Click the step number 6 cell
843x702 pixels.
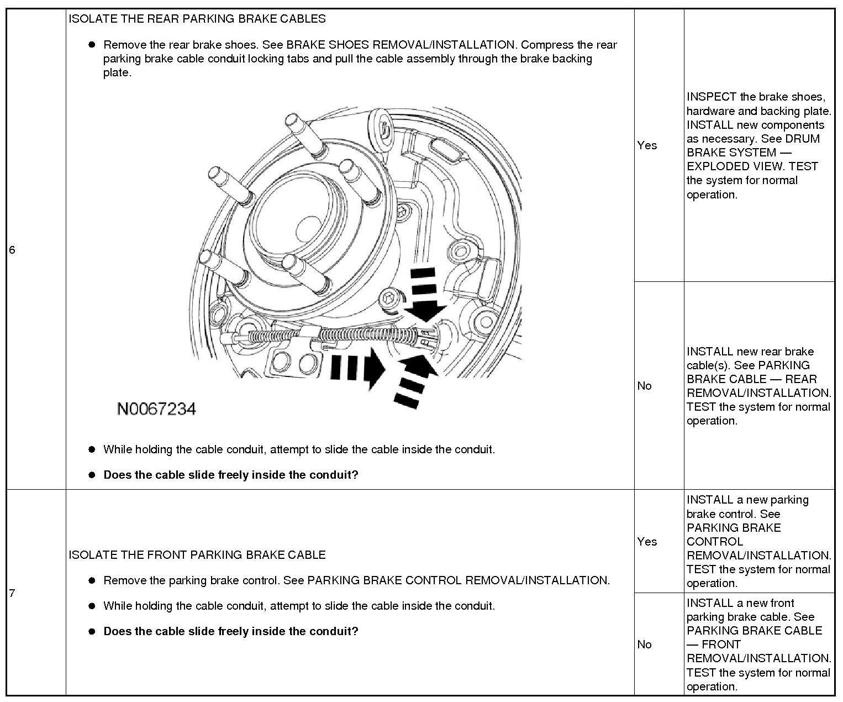(12, 250)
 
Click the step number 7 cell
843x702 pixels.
(12, 593)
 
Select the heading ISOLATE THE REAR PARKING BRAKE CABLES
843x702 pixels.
(197, 19)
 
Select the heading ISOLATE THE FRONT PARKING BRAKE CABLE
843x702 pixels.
(197, 555)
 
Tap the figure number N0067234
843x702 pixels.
(156, 409)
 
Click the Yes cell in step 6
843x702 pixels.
(647, 145)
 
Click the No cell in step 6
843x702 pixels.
(644, 386)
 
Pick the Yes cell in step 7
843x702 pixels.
(647, 542)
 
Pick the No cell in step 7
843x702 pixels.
(644, 645)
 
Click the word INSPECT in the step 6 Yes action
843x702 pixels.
(712, 97)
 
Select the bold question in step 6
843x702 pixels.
(231, 475)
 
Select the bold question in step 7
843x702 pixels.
(231, 631)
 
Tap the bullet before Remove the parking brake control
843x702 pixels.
(92, 580)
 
